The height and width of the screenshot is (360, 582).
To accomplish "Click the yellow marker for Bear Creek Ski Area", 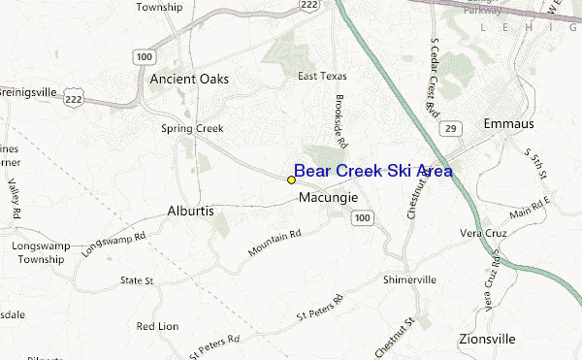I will pyautogui.click(x=291, y=180).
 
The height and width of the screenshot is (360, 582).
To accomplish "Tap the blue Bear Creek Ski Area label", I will pyautogui.click(x=372, y=171).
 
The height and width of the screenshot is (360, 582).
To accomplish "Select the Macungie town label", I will pyautogui.click(x=329, y=197).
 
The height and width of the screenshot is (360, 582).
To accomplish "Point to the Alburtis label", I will pyautogui.click(x=191, y=210).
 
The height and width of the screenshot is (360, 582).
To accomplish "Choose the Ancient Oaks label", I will pyautogui.click(x=189, y=79).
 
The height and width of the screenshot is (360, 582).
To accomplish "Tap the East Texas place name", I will pyautogui.click(x=322, y=76).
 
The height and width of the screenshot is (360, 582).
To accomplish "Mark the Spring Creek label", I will pyautogui.click(x=192, y=128).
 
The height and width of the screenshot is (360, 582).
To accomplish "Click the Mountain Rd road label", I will pyautogui.click(x=275, y=243).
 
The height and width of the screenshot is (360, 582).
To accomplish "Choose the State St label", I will pyautogui.click(x=137, y=280).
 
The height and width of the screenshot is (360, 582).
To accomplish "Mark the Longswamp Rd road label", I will pyautogui.click(x=114, y=243).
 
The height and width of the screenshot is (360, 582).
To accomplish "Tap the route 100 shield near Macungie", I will pyautogui.click(x=362, y=220).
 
